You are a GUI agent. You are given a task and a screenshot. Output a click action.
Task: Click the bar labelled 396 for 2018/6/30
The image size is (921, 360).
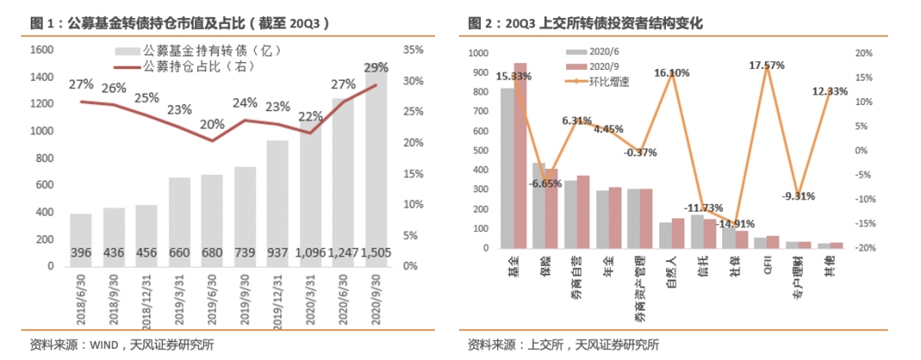click(82, 240)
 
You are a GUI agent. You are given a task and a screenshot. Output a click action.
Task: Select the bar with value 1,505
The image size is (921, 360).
click(377, 171)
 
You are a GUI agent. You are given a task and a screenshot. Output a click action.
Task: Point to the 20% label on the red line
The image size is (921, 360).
click(212, 125)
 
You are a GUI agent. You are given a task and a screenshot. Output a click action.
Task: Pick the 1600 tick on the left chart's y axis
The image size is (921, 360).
click(41, 50)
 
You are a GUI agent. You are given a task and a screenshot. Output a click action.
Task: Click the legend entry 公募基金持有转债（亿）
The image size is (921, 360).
click(200, 51)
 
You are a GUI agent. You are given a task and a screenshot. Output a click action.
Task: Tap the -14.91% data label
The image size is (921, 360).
click(733, 224)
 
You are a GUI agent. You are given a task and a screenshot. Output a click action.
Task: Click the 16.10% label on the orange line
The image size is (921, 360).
click(672, 73)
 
